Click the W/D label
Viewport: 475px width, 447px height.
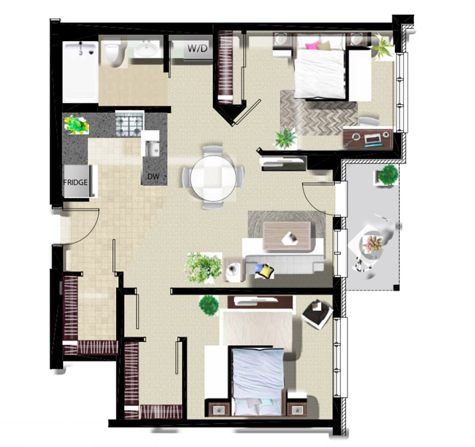[x=198, y=48]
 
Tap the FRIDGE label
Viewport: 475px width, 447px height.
[x=75, y=182]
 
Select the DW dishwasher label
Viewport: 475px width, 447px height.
[x=153, y=176]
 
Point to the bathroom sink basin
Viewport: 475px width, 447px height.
[x=147, y=48]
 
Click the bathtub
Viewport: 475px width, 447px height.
[x=81, y=71]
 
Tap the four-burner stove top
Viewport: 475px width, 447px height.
[x=129, y=124]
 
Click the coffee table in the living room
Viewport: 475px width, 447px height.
[x=287, y=236]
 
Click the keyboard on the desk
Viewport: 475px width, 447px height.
[x=372, y=139]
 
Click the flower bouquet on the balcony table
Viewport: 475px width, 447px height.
[x=374, y=243]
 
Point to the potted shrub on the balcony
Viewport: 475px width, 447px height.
[x=388, y=175]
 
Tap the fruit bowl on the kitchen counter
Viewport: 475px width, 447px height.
[x=77, y=125]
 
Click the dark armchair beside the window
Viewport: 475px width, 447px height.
[x=317, y=314]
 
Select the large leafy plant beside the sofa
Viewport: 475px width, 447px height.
[x=204, y=267]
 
